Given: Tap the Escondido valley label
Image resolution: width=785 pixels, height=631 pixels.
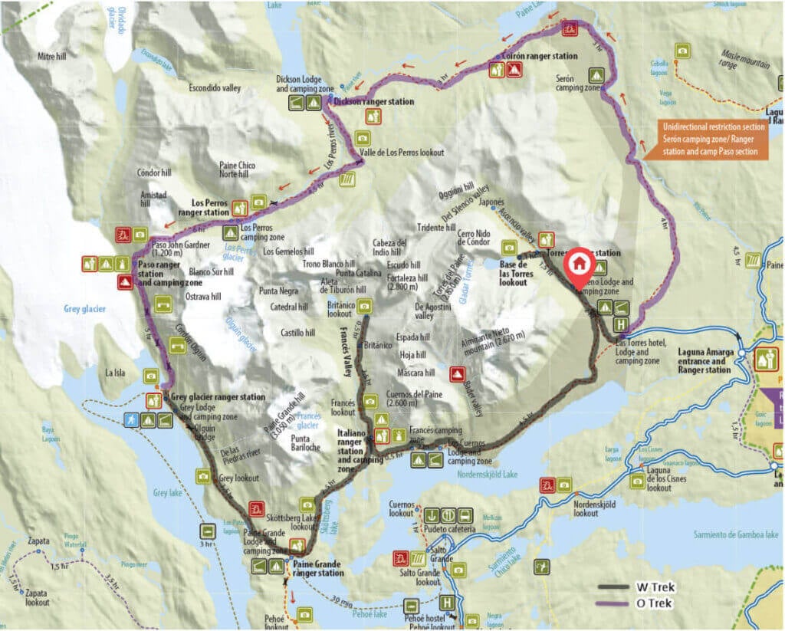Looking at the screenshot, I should pos(215,88).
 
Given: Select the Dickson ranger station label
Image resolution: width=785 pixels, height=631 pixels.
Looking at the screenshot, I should pos(373,101).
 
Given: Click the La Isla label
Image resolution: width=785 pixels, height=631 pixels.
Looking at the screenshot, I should pos(117,373).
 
